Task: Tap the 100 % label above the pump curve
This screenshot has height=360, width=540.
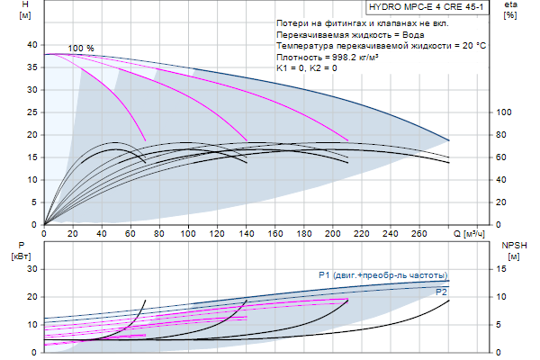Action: coord(81,48)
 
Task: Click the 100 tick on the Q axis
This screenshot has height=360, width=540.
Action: coord(188,233)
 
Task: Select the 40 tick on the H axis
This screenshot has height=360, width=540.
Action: coord(31,45)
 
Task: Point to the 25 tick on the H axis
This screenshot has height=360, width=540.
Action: coord(31,112)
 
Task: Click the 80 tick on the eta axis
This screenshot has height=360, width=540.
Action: coord(504,135)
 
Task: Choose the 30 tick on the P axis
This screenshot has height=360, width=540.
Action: coord(31,268)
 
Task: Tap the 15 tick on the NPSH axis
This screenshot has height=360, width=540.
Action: coord(504,268)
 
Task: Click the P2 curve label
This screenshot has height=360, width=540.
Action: coord(441,292)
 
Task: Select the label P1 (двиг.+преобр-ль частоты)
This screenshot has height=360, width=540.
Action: coord(382,274)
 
